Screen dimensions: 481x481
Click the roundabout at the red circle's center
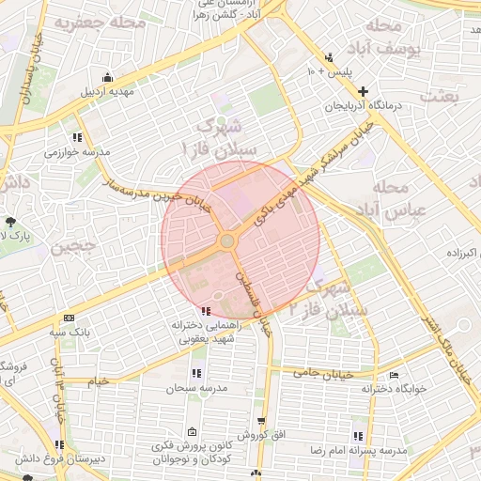227,242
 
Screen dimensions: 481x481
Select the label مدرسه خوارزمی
77,151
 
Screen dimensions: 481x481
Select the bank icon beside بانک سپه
69,318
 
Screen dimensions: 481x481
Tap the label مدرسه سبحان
194,388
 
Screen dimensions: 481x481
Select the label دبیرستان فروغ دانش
56,459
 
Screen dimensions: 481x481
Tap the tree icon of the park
10,221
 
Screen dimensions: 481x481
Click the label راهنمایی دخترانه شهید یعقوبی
208,332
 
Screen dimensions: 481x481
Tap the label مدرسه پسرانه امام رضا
358,452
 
